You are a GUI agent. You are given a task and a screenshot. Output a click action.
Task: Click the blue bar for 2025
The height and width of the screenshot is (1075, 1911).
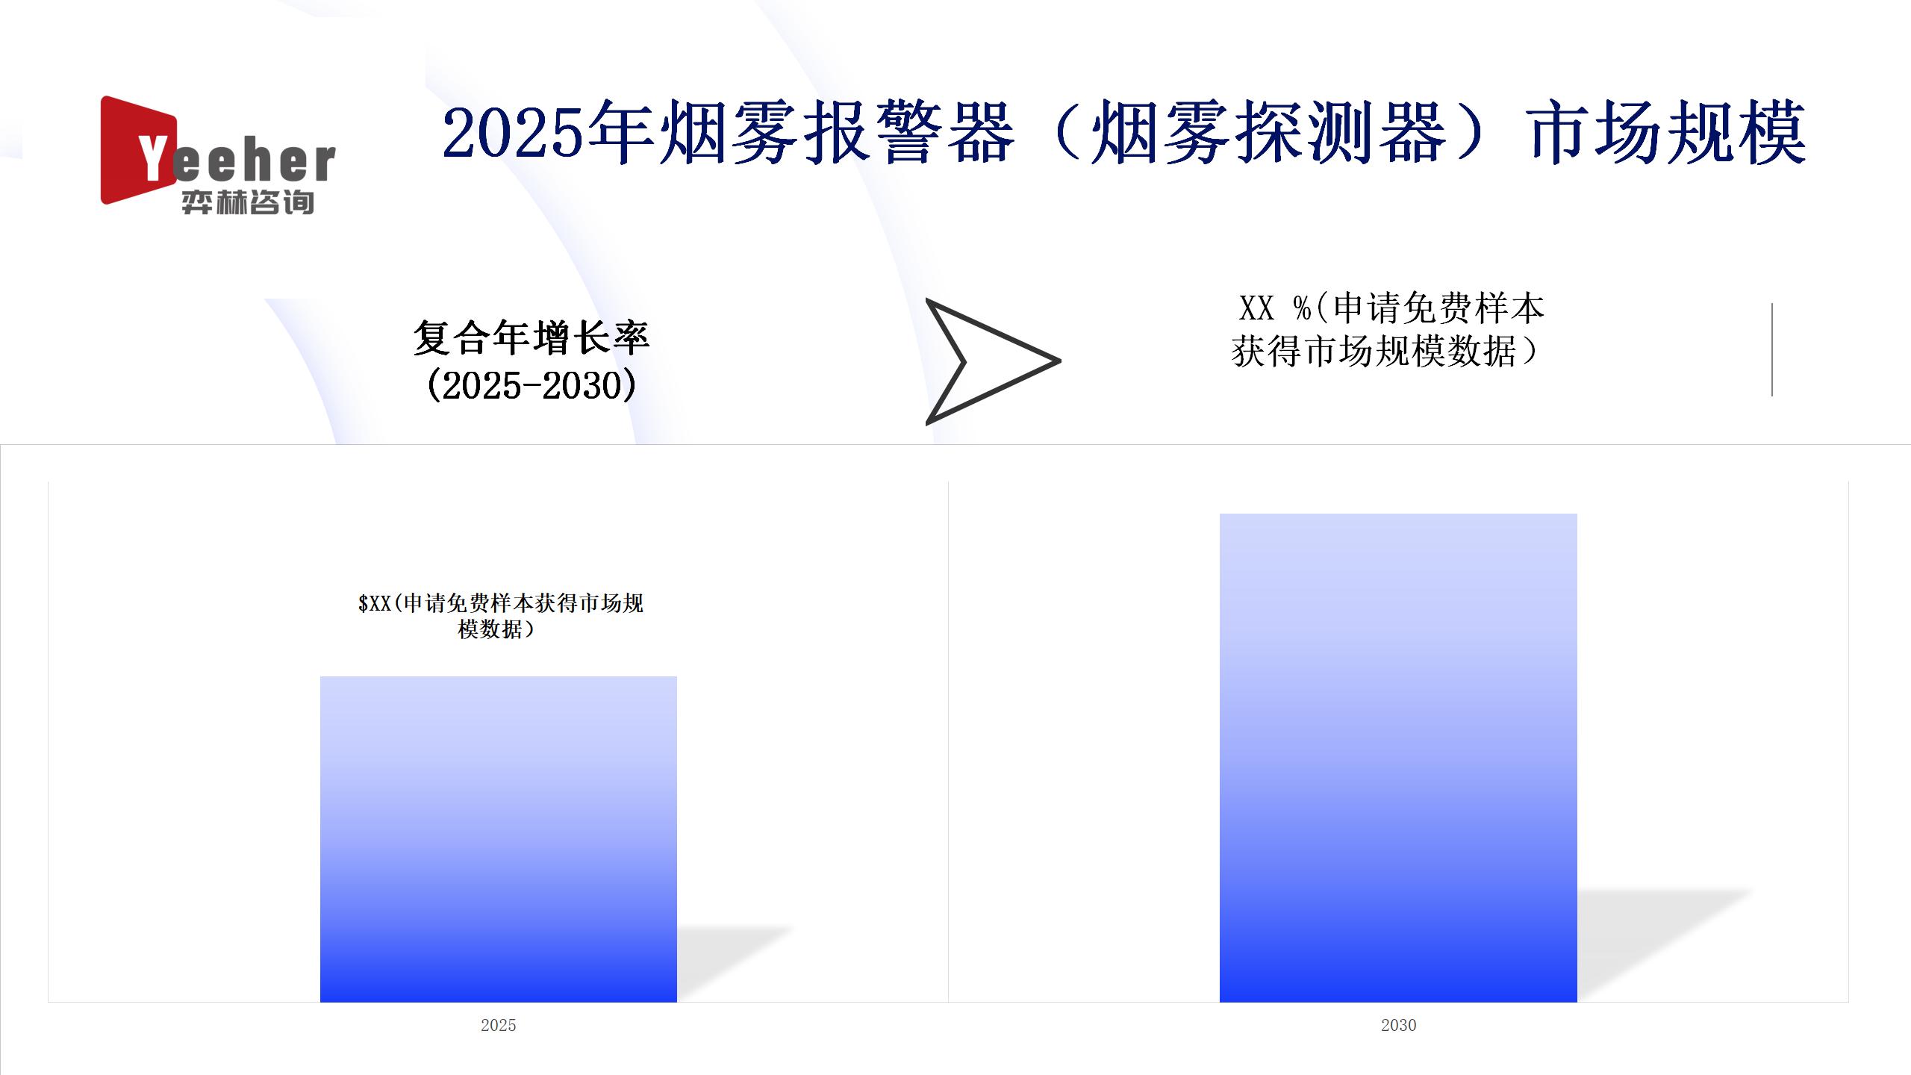(499, 839)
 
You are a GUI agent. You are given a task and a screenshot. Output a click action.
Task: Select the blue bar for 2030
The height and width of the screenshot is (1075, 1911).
(1398, 758)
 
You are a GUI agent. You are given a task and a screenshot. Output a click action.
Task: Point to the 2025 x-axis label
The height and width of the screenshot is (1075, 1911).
(499, 1025)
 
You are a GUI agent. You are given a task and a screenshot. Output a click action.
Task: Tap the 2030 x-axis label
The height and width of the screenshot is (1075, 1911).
(1398, 1025)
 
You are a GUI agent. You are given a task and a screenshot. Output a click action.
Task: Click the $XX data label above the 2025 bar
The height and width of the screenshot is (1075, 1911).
(500, 616)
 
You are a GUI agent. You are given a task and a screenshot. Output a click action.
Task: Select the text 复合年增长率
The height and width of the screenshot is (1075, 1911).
(531, 337)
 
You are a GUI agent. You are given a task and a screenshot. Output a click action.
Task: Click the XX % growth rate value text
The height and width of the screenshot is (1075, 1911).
(1387, 329)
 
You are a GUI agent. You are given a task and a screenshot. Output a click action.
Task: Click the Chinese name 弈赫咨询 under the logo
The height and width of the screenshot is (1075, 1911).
(248, 202)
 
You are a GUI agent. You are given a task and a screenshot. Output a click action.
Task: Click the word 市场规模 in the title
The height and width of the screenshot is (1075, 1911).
(1668, 133)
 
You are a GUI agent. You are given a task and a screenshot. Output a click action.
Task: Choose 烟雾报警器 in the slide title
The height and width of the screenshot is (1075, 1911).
(837, 133)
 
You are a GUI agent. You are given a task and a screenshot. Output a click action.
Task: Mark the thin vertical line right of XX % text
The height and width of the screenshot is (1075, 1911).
(1772, 349)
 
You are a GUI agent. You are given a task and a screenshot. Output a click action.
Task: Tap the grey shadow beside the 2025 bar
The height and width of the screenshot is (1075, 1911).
(732, 963)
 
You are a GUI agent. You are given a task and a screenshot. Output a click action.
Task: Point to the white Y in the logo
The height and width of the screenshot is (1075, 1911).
(152, 157)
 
